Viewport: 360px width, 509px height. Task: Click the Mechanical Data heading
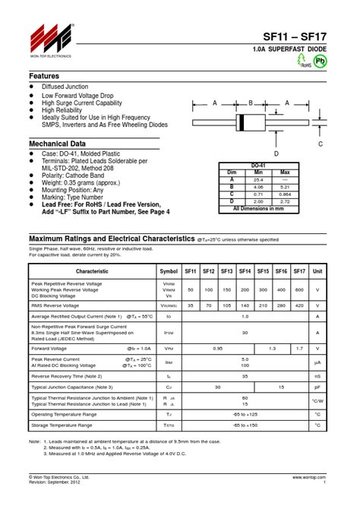click(x=57, y=144)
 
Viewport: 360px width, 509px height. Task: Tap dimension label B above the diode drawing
click(x=251, y=103)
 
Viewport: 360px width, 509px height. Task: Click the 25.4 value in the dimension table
click(x=258, y=179)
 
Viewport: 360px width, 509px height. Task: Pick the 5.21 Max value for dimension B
click(x=285, y=186)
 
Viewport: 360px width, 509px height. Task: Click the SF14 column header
click(x=245, y=270)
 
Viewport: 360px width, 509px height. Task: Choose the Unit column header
click(x=317, y=270)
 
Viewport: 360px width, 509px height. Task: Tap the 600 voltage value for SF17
click(x=299, y=289)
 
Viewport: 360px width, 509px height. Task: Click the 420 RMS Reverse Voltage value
click(x=299, y=305)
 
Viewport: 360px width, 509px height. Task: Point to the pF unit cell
click(x=317, y=387)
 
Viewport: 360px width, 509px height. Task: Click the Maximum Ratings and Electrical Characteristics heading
click(x=112, y=239)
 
